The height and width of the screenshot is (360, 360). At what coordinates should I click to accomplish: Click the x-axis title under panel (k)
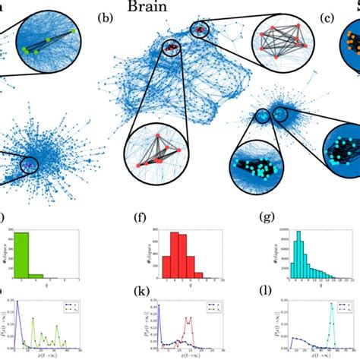click(x=187, y=356)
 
